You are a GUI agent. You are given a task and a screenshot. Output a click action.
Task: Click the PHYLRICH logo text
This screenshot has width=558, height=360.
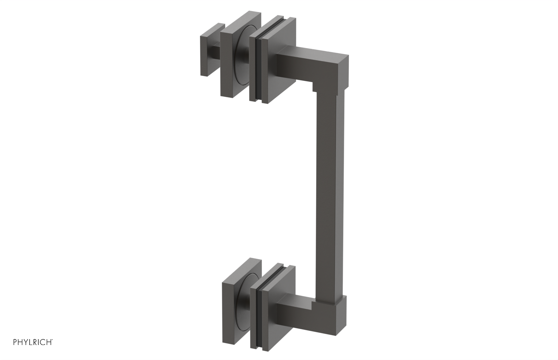coord(33,342)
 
